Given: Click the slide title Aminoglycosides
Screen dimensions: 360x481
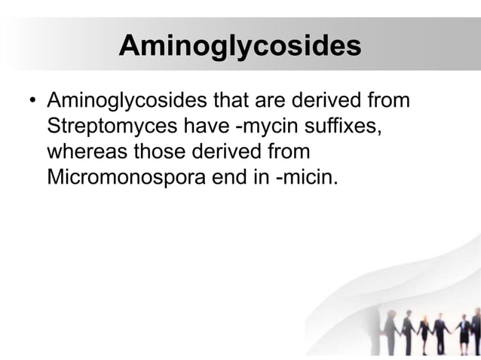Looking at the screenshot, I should (240, 47).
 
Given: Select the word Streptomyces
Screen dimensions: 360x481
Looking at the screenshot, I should (109, 126).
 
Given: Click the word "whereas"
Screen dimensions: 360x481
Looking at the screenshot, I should (87, 152).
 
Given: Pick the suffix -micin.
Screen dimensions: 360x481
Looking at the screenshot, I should (300, 178).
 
